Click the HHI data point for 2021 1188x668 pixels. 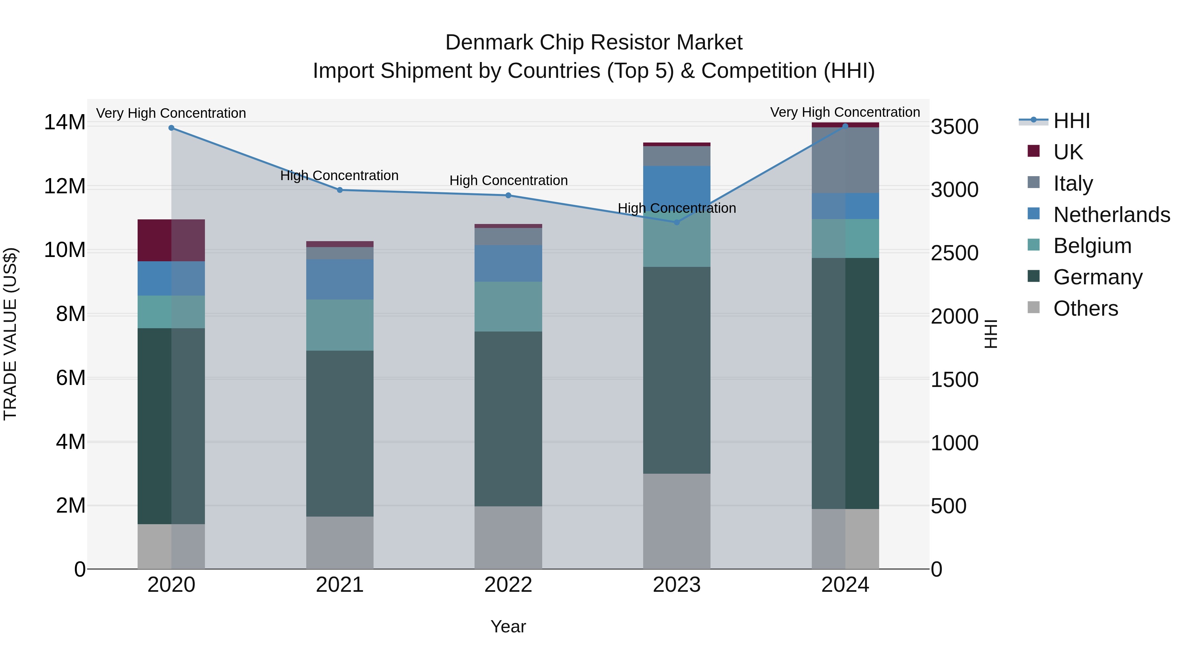pos(340,190)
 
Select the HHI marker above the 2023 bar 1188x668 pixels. pos(676,222)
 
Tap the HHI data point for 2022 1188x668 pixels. pos(508,196)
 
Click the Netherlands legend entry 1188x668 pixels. pos(1111,215)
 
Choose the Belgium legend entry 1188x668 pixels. pos(1092,246)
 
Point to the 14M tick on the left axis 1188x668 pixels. pos(65,123)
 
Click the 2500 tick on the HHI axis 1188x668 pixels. pos(954,253)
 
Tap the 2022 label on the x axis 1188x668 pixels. pos(508,585)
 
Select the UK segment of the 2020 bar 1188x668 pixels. pos(171,240)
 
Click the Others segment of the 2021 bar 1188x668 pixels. pos(340,543)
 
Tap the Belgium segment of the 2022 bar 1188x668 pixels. pos(508,306)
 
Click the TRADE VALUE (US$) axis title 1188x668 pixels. pos(10,334)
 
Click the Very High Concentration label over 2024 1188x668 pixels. pos(845,112)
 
